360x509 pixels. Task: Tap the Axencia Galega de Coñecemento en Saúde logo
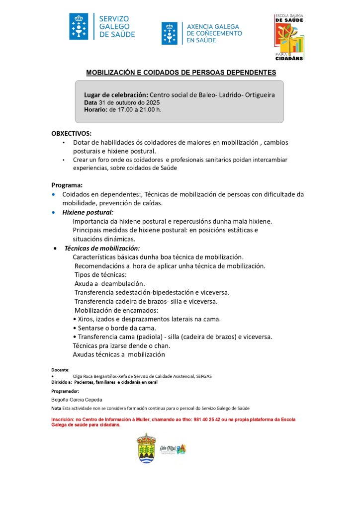[x=201, y=33]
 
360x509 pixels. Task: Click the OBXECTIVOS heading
[x=71, y=133]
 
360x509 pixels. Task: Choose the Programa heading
[x=67, y=185]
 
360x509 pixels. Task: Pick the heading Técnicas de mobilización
[x=102, y=248]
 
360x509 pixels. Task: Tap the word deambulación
[x=119, y=283]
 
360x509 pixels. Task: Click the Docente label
[x=60, y=370]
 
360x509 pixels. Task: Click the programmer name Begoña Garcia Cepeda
[x=77, y=399]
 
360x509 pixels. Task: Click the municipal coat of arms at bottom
[x=146, y=448]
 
